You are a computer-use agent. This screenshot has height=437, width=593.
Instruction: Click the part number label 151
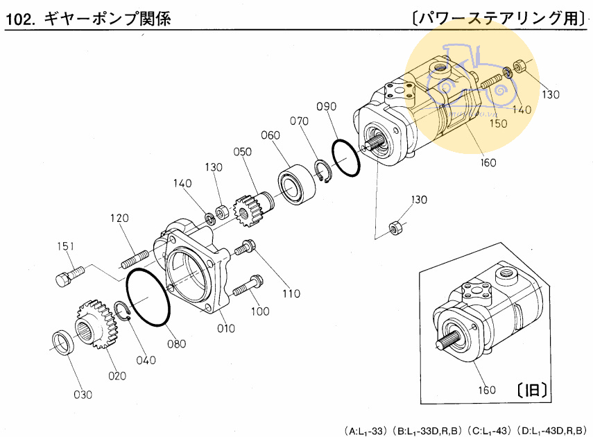(66, 246)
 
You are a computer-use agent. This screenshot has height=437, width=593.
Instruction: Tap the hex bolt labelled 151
(67, 276)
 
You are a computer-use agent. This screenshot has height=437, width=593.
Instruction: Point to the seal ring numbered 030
(65, 342)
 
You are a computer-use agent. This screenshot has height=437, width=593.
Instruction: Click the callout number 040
(146, 360)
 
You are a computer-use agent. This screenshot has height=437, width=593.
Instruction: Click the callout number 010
(226, 328)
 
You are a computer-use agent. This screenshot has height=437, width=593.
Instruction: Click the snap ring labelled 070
(323, 171)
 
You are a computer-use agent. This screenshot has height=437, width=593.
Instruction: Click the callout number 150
(499, 123)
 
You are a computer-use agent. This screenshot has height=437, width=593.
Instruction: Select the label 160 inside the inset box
(486, 390)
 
